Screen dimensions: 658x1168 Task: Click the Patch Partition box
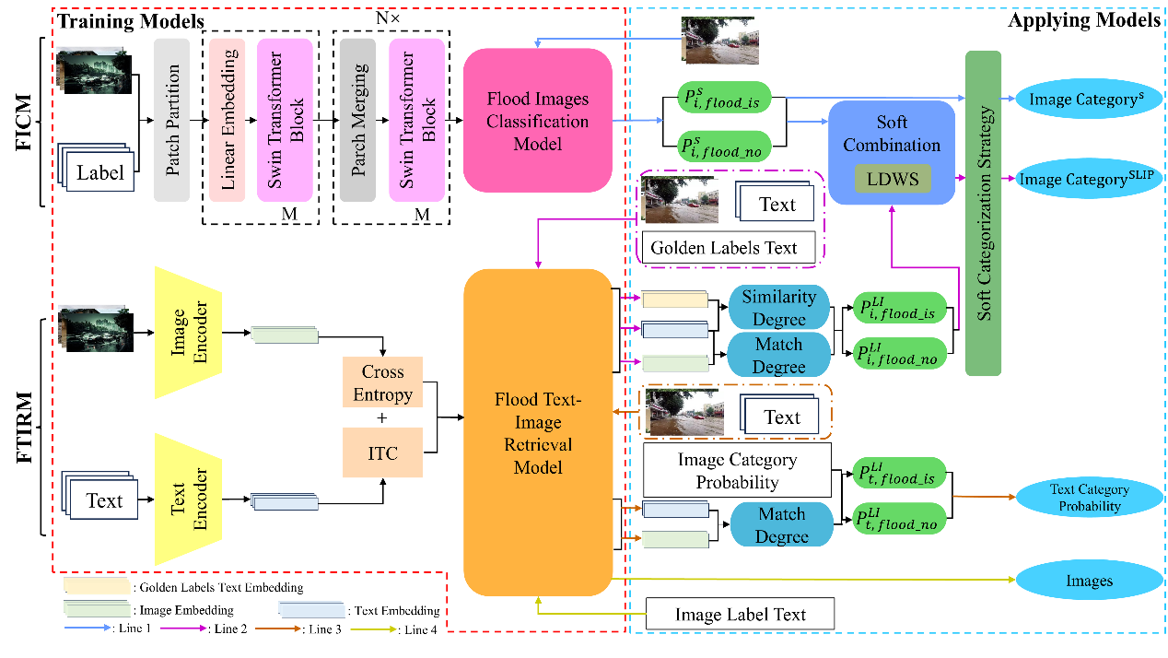tap(172, 119)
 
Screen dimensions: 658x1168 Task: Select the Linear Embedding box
tap(227, 119)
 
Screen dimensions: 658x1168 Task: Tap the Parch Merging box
tap(357, 119)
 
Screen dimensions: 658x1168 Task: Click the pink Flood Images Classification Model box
tap(537, 120)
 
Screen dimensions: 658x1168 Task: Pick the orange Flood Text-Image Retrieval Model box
tap(538, 432)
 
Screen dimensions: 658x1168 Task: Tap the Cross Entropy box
tap(382, 382)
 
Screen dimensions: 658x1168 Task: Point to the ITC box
tap(382, 452)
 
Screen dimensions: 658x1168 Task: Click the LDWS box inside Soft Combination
tap(892, 178)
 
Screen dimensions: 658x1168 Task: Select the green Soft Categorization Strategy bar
tap(983, 213)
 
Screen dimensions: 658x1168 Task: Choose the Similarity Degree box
tap(778, 307)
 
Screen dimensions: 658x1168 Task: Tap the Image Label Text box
tap(741, 615)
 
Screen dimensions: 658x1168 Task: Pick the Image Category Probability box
tap(737, 470)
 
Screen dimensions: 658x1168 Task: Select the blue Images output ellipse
tap(1089, 581)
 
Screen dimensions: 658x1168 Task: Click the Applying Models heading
tap(1084, 20)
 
